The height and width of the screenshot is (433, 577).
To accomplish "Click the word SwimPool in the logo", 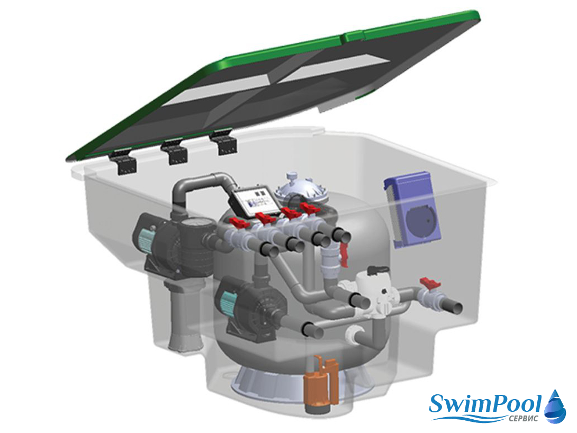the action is point(485,404).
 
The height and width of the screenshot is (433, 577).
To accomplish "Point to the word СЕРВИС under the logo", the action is point(524,418).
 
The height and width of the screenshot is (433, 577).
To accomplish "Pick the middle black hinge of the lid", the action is point(176,151).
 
